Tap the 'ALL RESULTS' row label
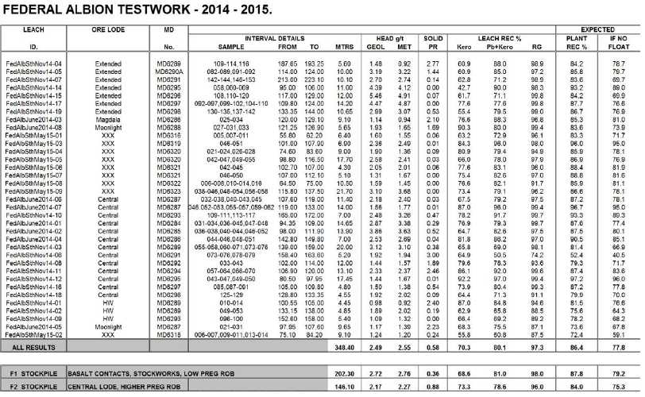[x=27, y=347]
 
